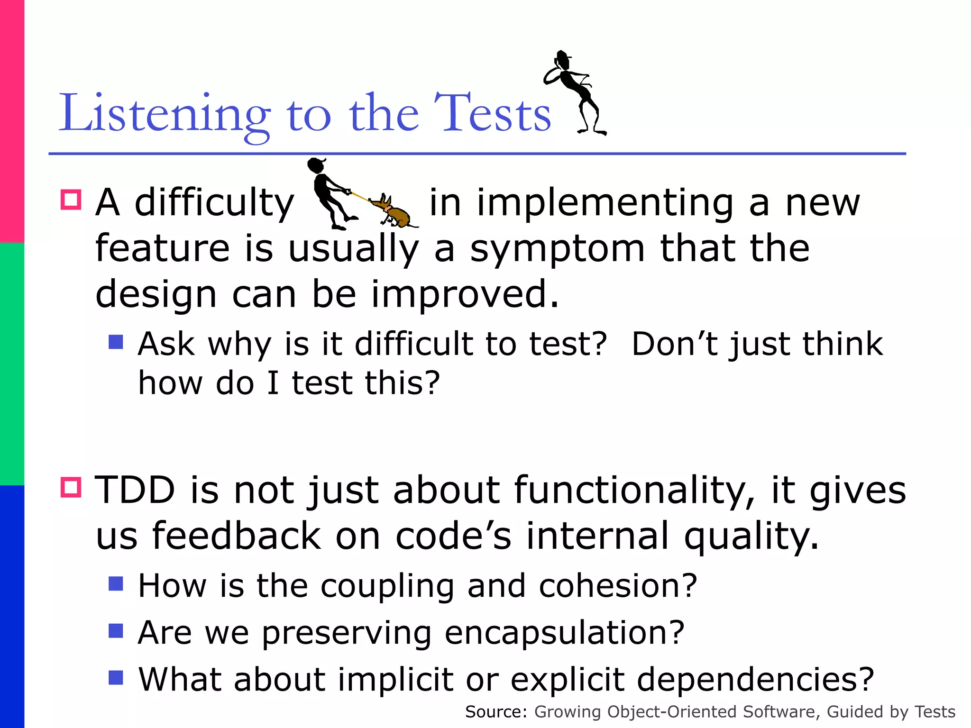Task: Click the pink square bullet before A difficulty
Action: (71, 200)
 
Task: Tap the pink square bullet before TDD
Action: (71, 487)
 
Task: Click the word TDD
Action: (135, 490)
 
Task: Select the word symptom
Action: (557, 249)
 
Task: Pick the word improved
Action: (465, 294)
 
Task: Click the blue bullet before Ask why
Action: (116, 342)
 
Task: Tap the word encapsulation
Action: (564, 633)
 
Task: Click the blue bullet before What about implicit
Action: (116, 677)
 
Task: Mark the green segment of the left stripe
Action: (12, 364)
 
